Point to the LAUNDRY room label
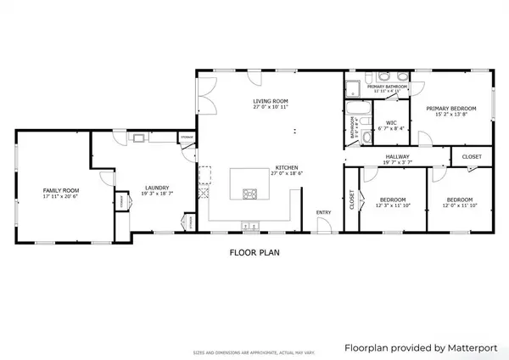pos(157,188)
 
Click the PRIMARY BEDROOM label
pos(450,109)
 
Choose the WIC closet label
pos(391,122)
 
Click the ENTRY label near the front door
pos(324,212)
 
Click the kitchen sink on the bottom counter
pos(251,225)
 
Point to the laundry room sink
pos(138,137)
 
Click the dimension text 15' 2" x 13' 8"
pos(450,115)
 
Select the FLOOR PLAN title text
pos(254,252)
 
